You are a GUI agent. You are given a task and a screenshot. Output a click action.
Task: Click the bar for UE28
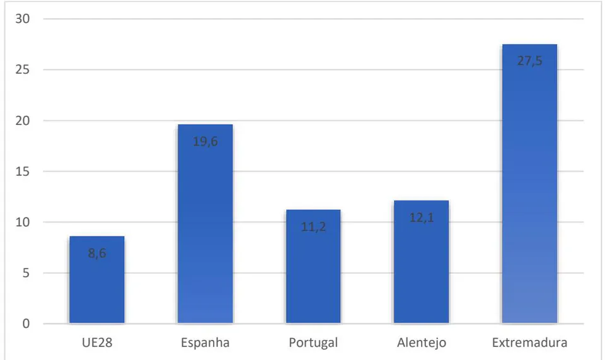[x=97, y=280]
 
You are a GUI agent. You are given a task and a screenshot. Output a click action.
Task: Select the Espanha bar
[x=205, y=224]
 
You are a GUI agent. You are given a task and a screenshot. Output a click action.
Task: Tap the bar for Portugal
[x=313, y=267]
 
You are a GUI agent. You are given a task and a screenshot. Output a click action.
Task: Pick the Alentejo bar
[x=422, y=262]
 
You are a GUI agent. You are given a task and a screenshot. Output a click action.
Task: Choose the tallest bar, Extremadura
[x=530, y=183]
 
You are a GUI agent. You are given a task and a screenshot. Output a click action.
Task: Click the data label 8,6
[x=97, y=253]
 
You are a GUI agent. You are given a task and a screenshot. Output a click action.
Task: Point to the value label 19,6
[x=205, y=142]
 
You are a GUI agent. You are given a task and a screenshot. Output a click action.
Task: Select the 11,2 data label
[x=313, y=227]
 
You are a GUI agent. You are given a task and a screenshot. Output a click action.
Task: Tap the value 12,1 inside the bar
[x=422, y=218]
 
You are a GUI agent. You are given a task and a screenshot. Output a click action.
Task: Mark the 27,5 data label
[x=530, y=61]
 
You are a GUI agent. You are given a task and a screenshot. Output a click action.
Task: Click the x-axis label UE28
[x=97, y=342]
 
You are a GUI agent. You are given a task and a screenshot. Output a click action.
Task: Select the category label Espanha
[x=205, y=343]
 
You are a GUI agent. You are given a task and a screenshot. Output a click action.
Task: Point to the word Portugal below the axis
[x=313, y=343]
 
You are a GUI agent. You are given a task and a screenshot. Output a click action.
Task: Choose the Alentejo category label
[x=422, y=343]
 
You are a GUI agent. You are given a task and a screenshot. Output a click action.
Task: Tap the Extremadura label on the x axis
[x=530, y=342]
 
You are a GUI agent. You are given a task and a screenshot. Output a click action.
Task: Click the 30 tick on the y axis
[x=23, y=18]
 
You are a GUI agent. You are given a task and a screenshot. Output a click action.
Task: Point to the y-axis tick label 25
[x=23, y=69]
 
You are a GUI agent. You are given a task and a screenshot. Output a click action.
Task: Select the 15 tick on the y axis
[x=23, y=171]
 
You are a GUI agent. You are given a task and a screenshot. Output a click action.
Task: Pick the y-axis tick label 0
[x=26, y=323]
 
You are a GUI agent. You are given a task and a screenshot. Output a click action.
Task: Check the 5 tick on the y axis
[x=26, y=273]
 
